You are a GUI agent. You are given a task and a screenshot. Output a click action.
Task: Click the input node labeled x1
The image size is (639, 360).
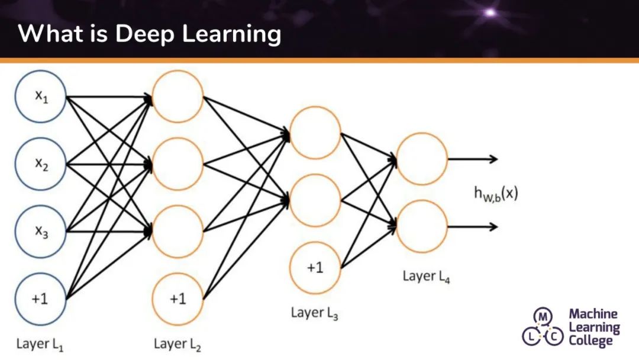click(x=41, y=98)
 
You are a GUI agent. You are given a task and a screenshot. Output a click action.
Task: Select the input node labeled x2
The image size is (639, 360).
click(x=41, y=165)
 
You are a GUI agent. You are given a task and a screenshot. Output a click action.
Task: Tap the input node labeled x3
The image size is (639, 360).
click(x=41, y=232)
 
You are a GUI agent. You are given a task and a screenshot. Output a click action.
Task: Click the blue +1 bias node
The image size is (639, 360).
click(x=41, y=299)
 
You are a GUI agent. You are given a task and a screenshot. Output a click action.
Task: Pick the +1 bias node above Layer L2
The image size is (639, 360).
click(x=177, y=299)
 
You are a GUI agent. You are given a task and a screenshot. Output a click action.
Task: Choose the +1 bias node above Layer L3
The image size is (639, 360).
click(x=315, y=268)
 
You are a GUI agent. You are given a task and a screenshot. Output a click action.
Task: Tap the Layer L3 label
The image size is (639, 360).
click(x=315, y=313)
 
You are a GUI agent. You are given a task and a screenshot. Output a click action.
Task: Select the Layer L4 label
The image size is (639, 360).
click(x=426, y=277)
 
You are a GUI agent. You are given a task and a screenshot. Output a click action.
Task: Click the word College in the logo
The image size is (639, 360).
click(x=591, y=340)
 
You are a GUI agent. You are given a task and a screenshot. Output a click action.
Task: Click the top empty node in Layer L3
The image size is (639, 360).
click(x=315, y=132)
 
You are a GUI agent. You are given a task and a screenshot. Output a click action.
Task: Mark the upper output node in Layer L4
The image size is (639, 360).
click(x=421, y=159)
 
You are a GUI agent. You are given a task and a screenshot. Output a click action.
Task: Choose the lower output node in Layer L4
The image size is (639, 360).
click(x=421, y=227)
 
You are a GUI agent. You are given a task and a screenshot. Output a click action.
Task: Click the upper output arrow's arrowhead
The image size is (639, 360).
click(x=494, y=159)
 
